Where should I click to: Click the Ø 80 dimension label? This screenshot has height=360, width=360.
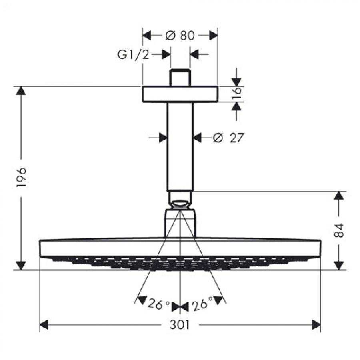[180, 36]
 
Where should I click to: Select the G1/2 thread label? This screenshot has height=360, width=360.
[133, 55]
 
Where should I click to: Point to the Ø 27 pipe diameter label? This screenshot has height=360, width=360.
[228, 138]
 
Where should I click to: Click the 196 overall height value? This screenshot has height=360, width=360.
[22, 177]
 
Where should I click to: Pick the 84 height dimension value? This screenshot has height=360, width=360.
[340, 230]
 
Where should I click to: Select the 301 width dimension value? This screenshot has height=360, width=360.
[180, 325]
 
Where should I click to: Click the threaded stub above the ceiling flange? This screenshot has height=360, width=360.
[180, 78]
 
